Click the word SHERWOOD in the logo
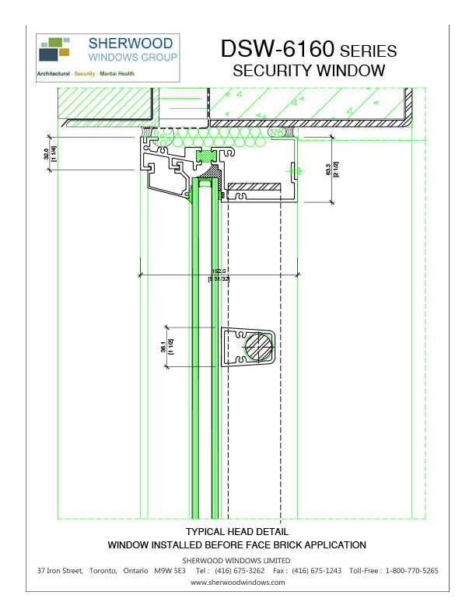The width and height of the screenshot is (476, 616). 133,44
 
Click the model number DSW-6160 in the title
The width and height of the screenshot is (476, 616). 277,49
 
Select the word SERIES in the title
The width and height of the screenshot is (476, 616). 369,51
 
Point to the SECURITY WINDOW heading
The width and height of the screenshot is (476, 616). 310,71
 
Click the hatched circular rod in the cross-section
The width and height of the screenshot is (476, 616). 258,346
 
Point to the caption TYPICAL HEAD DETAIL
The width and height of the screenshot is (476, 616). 237,532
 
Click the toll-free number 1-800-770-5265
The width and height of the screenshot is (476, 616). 411,571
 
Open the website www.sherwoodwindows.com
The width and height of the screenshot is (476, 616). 237,582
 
